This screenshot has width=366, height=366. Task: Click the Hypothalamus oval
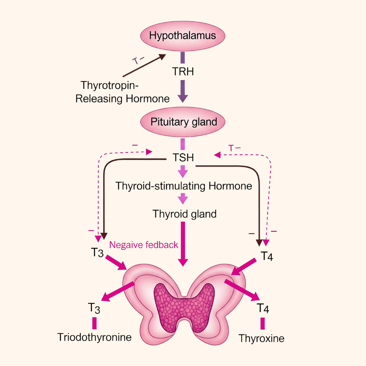pyautogui.click(x=183, y=36)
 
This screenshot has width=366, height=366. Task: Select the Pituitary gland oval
pyautogui.click(x=183, y=122)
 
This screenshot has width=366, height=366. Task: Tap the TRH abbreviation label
pyautogui.click(x=183, y=71)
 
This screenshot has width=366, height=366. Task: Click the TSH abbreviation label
pyautogui.click(x=183, y=158)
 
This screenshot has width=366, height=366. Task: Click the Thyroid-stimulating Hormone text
pyautogui.click(x=184, y=186)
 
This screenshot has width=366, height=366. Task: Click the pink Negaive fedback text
pyautogui.click(x=144, y=245)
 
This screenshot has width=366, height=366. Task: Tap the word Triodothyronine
pyautogui.click(x=94, y=337)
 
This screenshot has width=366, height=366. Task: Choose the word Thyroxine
pyautogui.click(x=261, y=338)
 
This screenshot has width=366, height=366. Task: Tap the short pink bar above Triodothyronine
pyautogui.click(x=94, y=323)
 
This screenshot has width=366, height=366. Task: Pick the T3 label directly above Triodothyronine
pyautogui.click(x=94, y=308)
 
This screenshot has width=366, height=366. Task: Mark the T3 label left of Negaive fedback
pyautogui.click(x=97, y=253)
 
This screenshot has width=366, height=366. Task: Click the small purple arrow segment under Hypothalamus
pyautogui.click(x=183, y=58)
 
